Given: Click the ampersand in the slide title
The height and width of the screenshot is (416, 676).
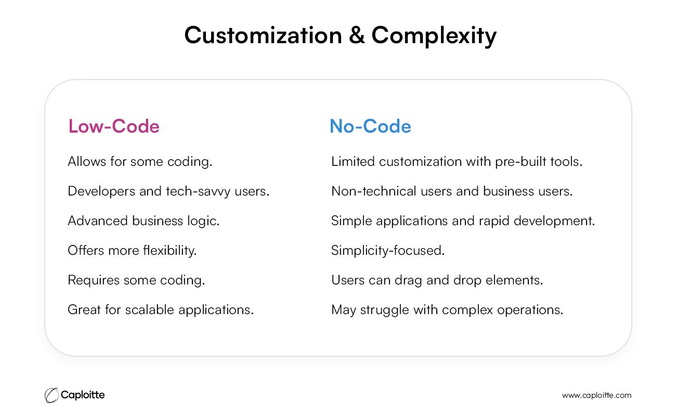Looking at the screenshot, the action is click(356, 35).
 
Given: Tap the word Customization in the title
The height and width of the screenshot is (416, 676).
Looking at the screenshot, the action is click(263, 35).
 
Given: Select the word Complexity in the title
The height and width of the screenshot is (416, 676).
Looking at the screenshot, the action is click(434, 36).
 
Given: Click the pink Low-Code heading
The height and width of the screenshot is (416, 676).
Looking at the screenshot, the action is click(114, 126).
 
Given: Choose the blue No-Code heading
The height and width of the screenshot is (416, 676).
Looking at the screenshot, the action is click(370, 126).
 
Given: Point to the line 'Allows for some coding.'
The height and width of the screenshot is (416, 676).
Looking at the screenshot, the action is click(140, 162).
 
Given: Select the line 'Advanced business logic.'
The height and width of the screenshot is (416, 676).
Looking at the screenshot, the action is click(144, 221).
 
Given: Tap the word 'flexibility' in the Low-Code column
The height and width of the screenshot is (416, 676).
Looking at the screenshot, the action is click(168, 251).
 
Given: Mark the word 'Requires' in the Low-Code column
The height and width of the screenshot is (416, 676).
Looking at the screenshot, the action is click(94, 280).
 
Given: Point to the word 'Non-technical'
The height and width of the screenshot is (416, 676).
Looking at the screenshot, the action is click(373, 191).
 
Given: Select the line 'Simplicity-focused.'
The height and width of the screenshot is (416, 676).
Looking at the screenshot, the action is click(388, 251).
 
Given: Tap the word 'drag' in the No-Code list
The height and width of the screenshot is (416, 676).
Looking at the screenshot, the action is click(408, 280).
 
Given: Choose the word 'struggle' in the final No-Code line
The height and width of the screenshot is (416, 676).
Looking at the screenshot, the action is click(384, 310).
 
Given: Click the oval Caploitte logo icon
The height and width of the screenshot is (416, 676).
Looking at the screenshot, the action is click(51, 395).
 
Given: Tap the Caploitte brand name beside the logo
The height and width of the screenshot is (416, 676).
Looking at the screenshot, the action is click(83, 395).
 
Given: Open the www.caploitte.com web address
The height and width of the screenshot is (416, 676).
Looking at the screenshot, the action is click(596, 396).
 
